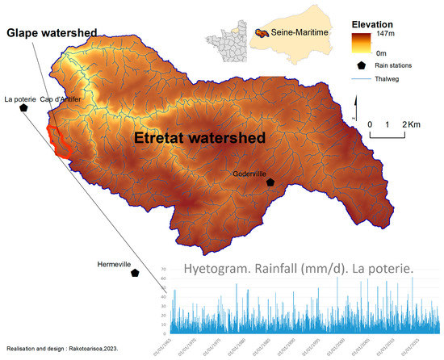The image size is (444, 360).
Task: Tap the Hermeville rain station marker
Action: point(135,274)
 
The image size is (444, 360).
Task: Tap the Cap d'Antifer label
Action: point(79,99)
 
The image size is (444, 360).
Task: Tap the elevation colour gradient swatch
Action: point(362,44)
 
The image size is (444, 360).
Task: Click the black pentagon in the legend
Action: point(362,67)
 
